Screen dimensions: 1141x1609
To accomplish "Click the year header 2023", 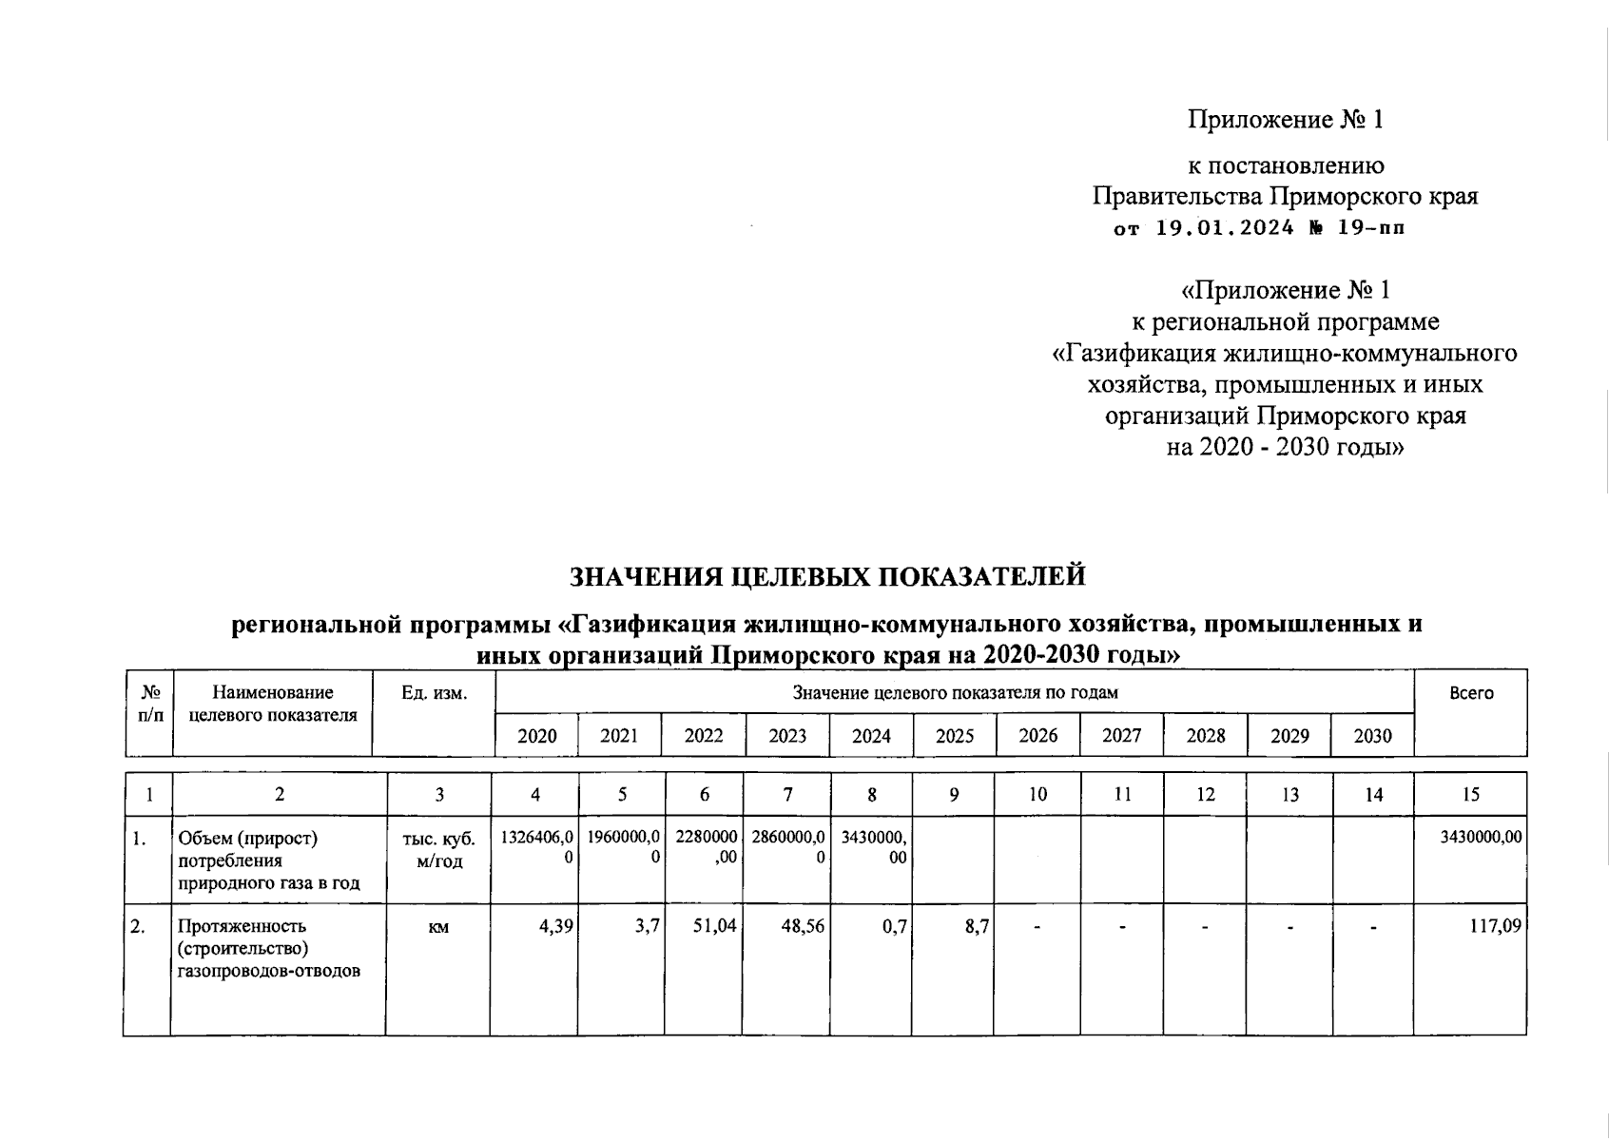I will [786, 736].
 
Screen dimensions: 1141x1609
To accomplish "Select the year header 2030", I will [1371, 736].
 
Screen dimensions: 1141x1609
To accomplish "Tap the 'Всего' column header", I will [1470, 693].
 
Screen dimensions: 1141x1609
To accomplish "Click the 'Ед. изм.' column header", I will [434, 693].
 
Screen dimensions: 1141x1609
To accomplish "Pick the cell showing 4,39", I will [555, 925].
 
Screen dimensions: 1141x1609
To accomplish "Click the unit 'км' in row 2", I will [437, 926].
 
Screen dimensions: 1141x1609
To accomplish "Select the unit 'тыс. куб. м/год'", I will [437, 849].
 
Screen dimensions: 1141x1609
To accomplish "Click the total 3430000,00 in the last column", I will [1482, 838].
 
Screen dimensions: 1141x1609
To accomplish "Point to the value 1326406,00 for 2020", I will [537, 847].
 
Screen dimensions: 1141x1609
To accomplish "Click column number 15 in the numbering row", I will [1470, 795].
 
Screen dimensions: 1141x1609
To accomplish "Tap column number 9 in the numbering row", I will [954, 795].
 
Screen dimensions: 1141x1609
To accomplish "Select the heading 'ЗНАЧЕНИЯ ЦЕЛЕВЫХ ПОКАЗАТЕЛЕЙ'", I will [826, 576].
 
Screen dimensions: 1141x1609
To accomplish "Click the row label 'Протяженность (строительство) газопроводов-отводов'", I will [268, 948].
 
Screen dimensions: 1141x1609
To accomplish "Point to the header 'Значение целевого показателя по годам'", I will [955, 693].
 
